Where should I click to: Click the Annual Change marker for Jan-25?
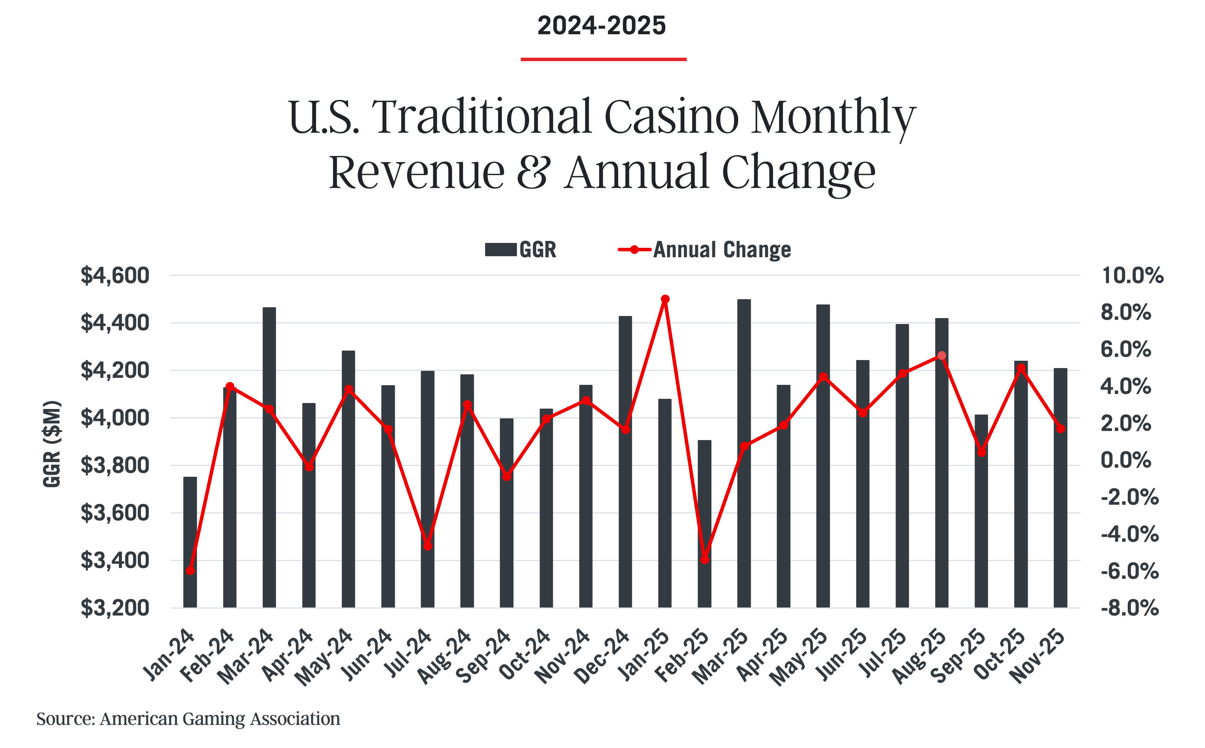tap(665, 299)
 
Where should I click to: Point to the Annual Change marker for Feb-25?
tap(705, 560)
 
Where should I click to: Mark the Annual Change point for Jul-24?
tap(428, 546)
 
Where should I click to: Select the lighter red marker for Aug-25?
tap(942, 355)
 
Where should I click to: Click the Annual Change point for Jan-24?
tap(190, 570)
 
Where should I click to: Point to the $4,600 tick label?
tap(115, 275)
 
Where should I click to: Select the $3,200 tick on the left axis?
tap(115, 607)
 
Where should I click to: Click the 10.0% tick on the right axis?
tap(1132, 275)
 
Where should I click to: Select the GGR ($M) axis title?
tap(52, 444)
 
